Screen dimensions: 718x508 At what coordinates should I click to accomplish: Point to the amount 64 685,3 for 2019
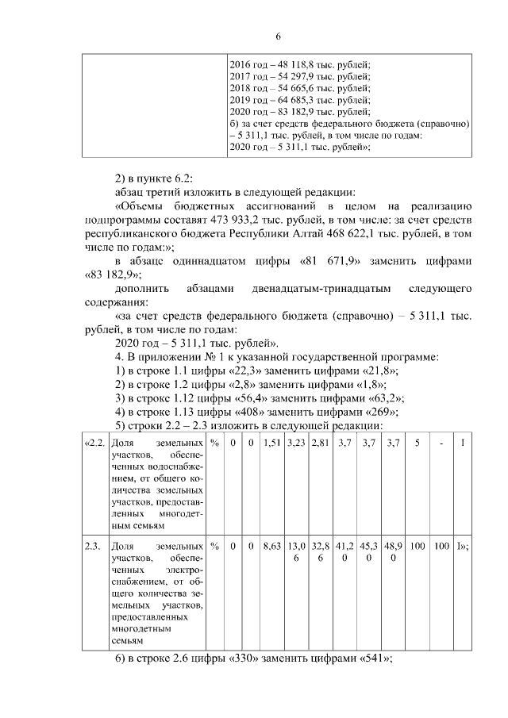click(289, 102)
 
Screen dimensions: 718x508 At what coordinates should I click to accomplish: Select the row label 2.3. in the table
click(94, 547)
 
